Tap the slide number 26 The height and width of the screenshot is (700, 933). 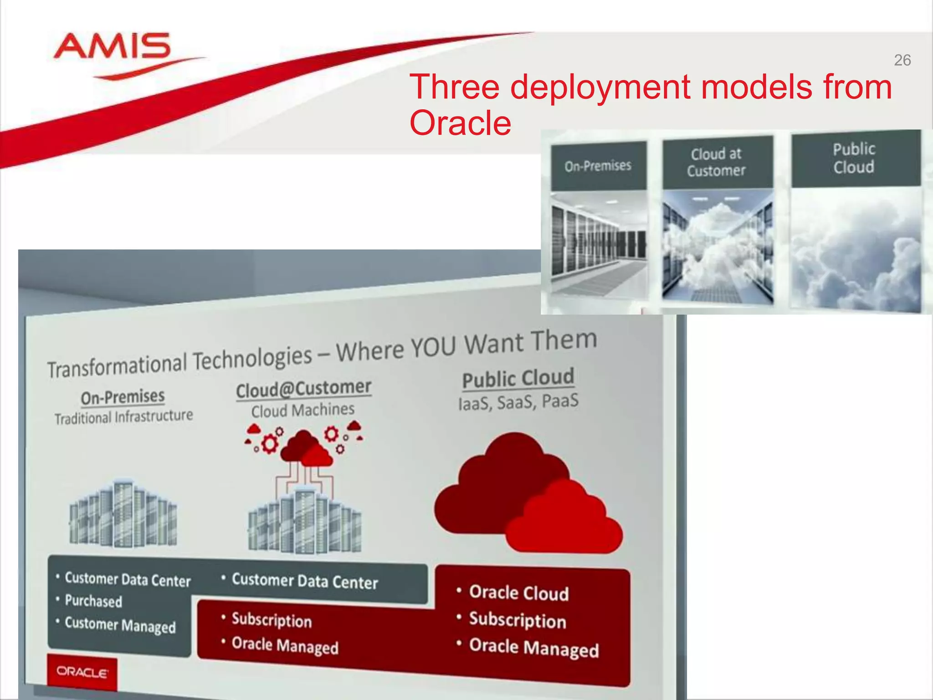[x=902, y=60]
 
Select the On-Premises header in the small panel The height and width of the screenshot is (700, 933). [x=598, y=166]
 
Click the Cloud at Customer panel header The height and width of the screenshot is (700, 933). [x=717, y=162]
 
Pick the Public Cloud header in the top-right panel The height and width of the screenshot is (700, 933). [x=854, y=158]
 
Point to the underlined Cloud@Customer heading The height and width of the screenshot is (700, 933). [x=303, y=389]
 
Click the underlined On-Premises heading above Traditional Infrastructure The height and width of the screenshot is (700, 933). [x=123, y=397]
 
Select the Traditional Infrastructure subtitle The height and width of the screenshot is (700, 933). [x=123, y=417]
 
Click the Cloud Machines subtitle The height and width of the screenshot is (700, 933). [x=303, y=410]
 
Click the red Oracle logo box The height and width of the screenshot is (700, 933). [x=82, y=672]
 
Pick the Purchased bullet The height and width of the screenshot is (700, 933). [x=93, y=601]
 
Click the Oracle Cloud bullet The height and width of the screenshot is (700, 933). [x=518, y=593]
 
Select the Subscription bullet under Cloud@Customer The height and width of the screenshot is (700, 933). [x=272, y=620]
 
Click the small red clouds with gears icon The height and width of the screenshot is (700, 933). [x=304, y=444]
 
